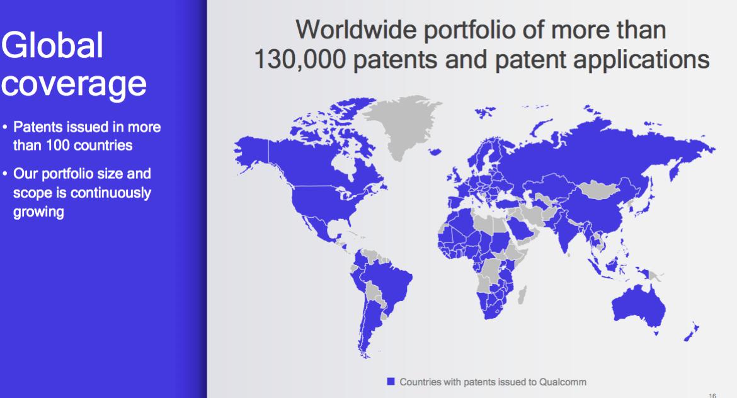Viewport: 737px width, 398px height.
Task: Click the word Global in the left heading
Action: (52, 45)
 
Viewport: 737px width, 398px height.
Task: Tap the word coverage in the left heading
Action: (74, 84)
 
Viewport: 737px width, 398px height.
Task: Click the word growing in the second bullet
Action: (38, 212)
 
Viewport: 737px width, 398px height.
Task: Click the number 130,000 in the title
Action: (300, 60)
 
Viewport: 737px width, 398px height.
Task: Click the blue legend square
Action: (391, 381)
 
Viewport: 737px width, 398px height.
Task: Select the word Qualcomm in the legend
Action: (563, 382)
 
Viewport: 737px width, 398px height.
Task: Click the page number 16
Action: (712, 395)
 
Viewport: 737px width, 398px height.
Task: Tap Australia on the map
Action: (638, 305)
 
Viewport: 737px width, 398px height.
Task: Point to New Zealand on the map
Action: (691, 332)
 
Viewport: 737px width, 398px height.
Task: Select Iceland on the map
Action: (435, 152)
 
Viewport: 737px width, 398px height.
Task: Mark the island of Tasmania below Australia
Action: (656, 333)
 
